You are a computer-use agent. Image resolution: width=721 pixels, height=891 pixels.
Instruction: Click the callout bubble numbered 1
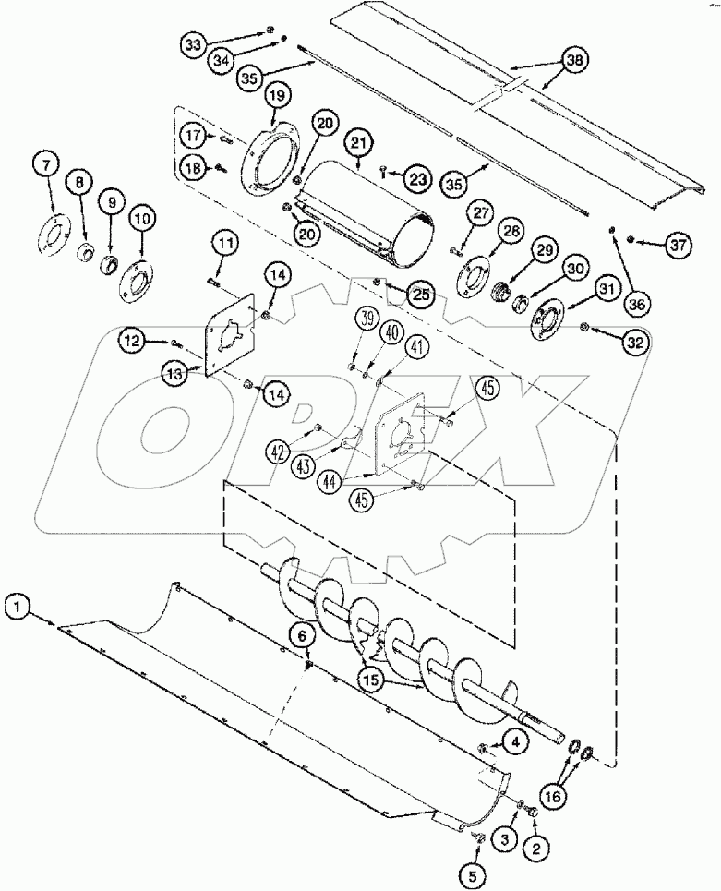click(18, 607)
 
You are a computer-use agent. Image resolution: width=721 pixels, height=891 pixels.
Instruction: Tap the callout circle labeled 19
click(277, 95)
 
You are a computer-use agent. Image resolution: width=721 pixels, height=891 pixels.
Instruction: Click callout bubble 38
click(574, 59)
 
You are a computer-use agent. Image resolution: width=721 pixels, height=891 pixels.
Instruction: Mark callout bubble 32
click(636, 342)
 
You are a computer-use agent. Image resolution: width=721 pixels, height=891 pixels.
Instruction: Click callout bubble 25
click(422, 294)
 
